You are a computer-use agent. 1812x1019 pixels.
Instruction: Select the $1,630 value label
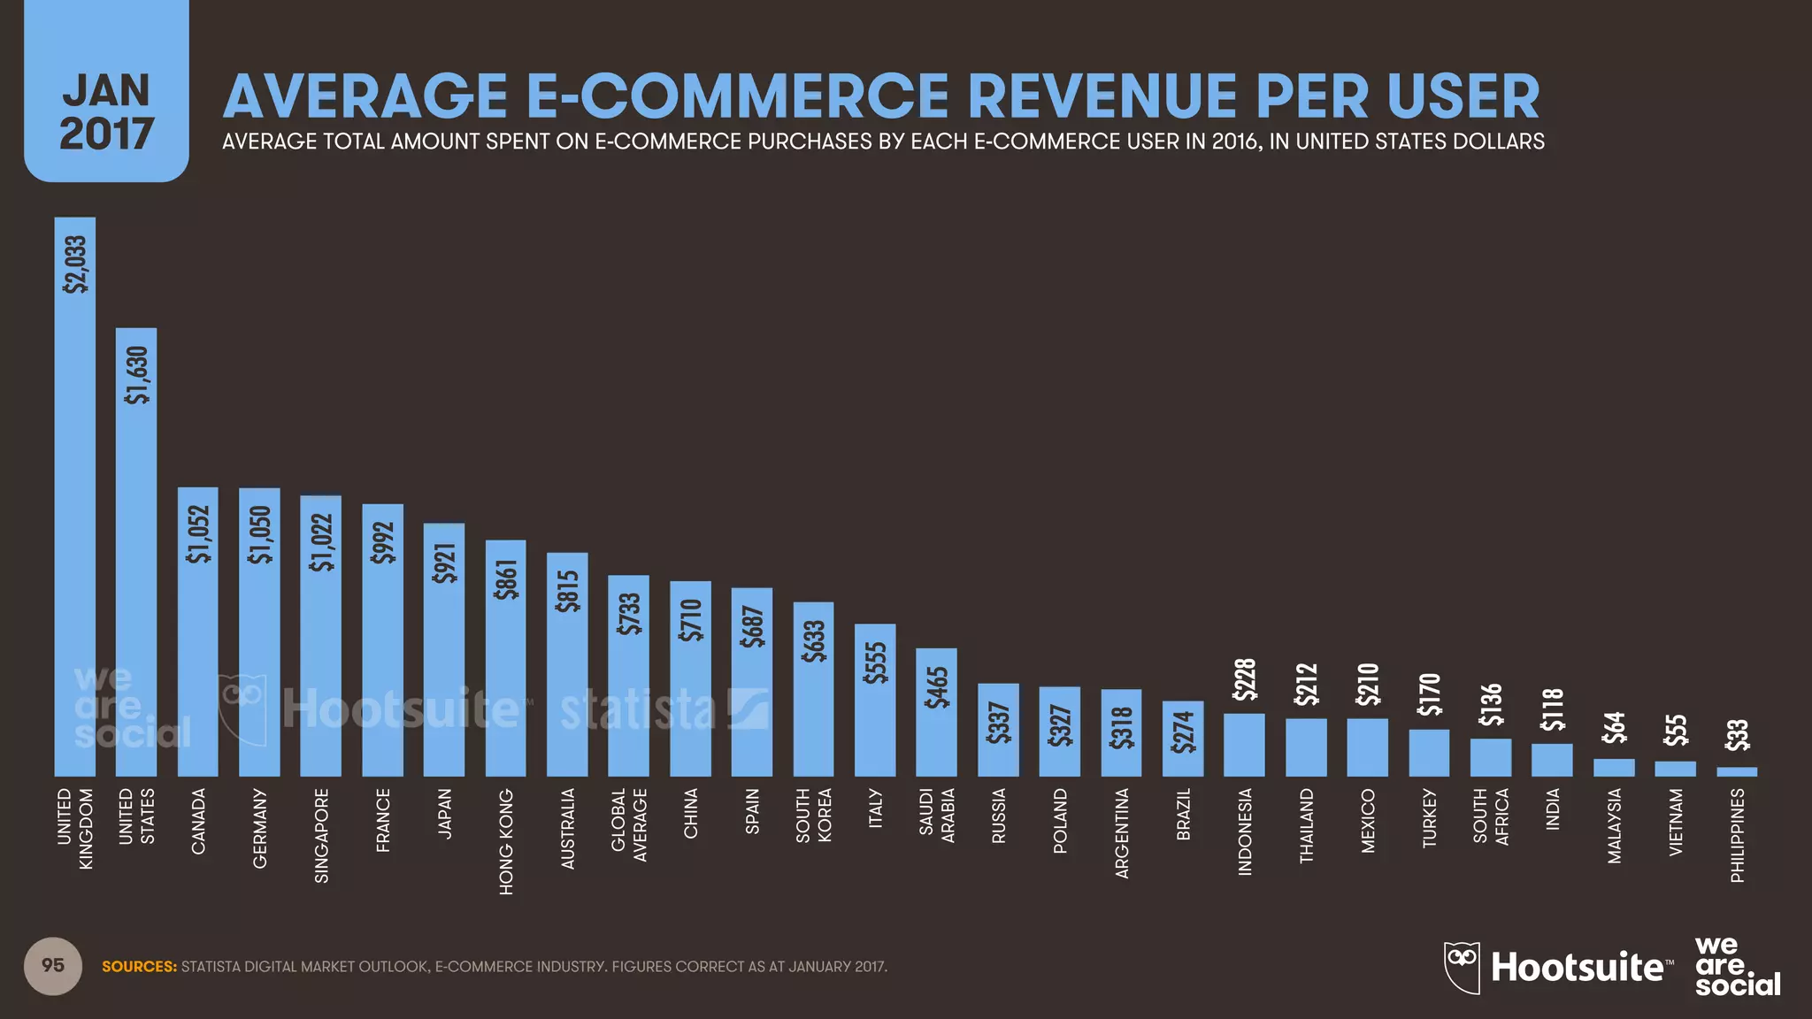click(137, 375)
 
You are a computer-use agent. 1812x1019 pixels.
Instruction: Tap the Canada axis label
click(198, 821)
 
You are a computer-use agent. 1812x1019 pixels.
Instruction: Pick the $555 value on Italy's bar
click(875, 663)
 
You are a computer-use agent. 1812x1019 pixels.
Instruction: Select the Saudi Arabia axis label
click(936, 816)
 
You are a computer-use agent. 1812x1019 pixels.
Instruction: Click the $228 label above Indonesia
click(1245, 679)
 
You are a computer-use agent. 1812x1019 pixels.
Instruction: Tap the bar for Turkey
click(1429, 753)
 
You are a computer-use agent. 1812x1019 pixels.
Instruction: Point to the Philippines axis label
click(1737, 835)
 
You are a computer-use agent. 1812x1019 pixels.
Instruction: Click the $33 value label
click(1737, 736)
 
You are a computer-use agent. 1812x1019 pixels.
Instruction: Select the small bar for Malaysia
click(1614, 768)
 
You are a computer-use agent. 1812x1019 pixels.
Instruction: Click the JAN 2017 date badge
click(106, 111)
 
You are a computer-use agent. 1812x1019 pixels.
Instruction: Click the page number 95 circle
click(53, 966)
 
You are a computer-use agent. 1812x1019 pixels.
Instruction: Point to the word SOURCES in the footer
click(139, 967)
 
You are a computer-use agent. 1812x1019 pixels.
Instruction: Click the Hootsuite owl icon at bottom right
click(1462, 967)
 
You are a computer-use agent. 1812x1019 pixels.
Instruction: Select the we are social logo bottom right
click(1736, 966)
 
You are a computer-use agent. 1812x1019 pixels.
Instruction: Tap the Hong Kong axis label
click(505, 841)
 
